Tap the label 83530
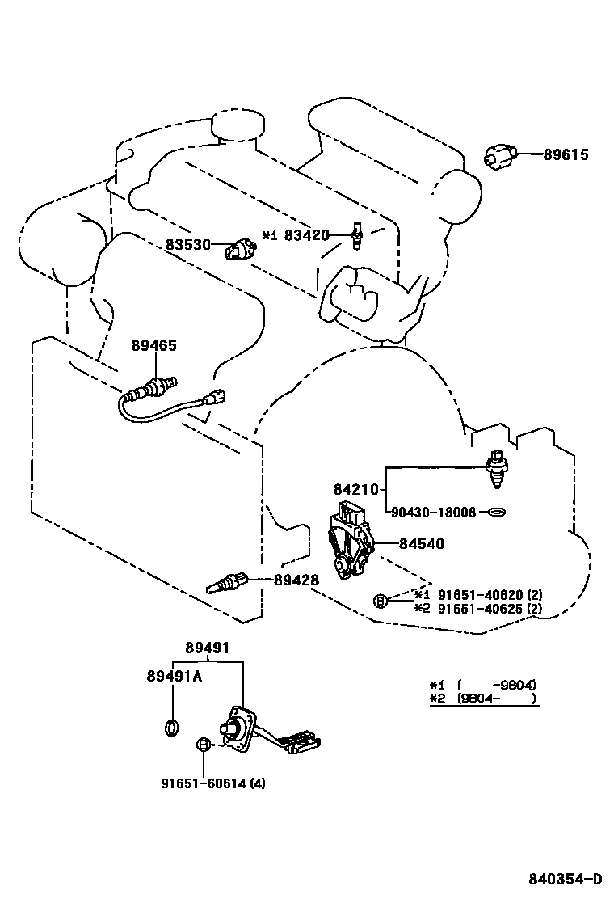pos(188,244)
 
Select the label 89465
pos(153,345)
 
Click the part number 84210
pos(355,489)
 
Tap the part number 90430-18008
pos(433,512)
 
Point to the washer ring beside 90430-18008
pos(496,512)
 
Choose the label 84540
pos(421,544)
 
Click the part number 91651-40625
pos(472,608)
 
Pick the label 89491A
pos(174,677)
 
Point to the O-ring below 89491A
pos(172,727)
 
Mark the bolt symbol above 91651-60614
pos(204,745)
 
